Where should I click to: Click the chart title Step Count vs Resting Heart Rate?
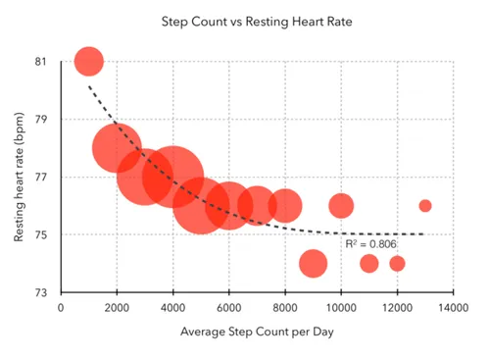tap(244, 20)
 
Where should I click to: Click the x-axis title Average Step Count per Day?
tap(256, 333)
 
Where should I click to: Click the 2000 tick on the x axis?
tap(117, 307)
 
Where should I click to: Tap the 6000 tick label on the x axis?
tap(229, 307)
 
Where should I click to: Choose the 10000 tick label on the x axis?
tap(341, 307)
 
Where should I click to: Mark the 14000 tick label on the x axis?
tap(453, 307)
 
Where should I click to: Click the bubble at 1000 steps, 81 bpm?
tap(89, 62)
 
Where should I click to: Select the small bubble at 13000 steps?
tap(425, 206)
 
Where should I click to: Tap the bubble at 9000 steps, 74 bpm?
tap(313, 264)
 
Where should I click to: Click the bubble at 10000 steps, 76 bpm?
tap(341, 206)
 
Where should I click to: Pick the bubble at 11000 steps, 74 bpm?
tap(369, 264)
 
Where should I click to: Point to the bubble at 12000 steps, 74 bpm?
tap(397, 264)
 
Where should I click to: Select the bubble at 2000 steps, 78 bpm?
tap(118, 148)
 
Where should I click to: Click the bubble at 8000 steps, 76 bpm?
tap(285, 206)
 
